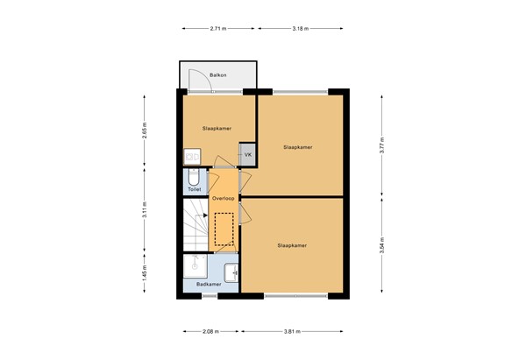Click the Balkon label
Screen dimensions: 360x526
(x=218, y=75)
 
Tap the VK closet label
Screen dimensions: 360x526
(x=248, y=155)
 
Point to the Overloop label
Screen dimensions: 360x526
(x=224, y=199)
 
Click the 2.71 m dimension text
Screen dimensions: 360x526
(x=218, y=29)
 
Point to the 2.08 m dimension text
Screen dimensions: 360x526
(x=210, y=332)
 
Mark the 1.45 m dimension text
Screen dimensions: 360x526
(x=145, y=273)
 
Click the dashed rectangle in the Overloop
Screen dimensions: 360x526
(x=224, y=229)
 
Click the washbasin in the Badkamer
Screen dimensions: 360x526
(x=231, y=273)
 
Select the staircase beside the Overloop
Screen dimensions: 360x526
(x=195, y=224)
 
